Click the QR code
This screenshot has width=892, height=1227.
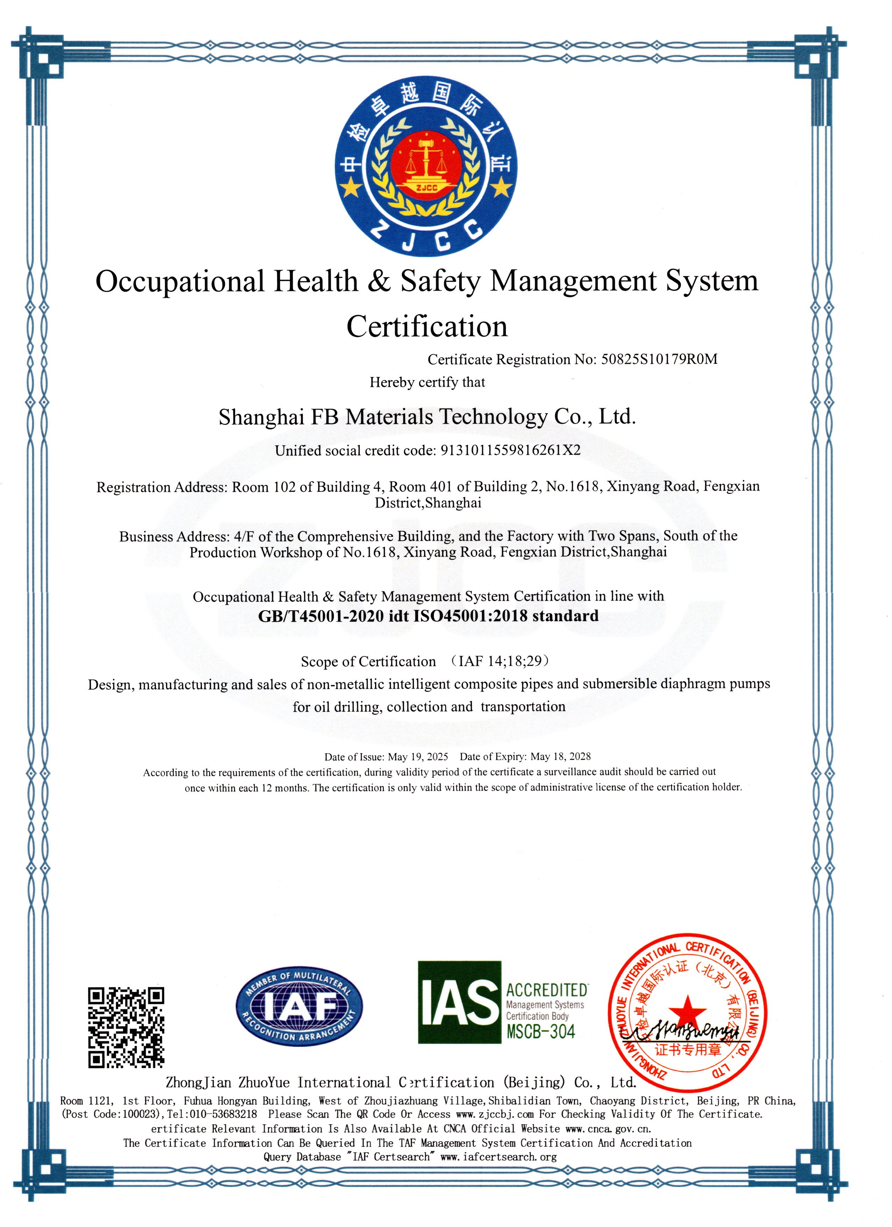point(126,1027)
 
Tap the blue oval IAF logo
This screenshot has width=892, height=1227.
point(299,1006)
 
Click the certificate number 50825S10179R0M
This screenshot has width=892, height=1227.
point(659,359)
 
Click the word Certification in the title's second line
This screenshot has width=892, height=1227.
point(427,327)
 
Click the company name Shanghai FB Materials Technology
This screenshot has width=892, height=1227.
point(427,417)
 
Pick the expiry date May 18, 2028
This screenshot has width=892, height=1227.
point(561,756)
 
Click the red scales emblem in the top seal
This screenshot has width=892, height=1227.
point(426,165)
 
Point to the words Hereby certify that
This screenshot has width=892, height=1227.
point(427,382)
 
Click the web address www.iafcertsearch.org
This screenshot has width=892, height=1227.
point(498,1157)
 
